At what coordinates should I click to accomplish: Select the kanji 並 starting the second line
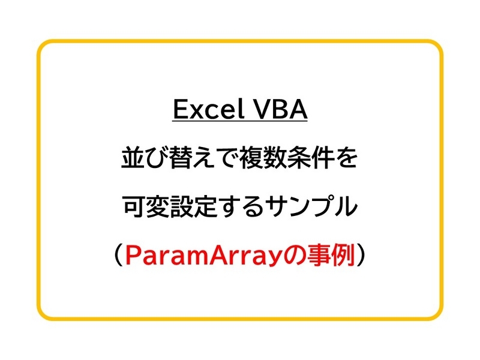click(x=133, y=160)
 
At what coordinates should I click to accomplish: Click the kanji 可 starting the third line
click(x=133, y=208)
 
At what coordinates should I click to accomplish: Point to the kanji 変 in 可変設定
click(x=157, y=208)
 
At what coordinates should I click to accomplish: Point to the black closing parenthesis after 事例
click(x=363, y=257)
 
